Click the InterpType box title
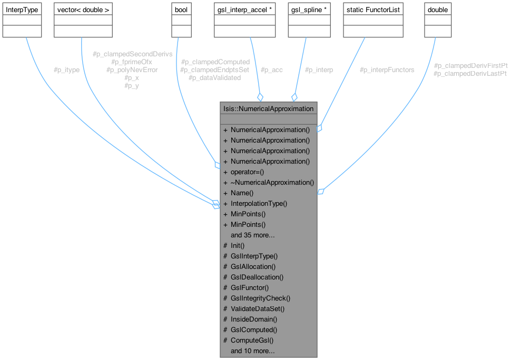point(22,10)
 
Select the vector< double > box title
point(83,10)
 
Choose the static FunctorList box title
point(369,10)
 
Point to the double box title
point(438,10)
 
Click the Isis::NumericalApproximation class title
point(269,109)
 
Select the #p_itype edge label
point(66,70)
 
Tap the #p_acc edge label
point(271,70)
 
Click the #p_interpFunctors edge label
point(387,70)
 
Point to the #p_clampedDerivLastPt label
point(470,74)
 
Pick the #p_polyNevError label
point(132,69)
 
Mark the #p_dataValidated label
point(214,78)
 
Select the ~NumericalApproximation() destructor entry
point(272,183)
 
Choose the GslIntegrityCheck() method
point(260,298)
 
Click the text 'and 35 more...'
point(252,235)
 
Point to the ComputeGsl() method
point(252,341)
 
